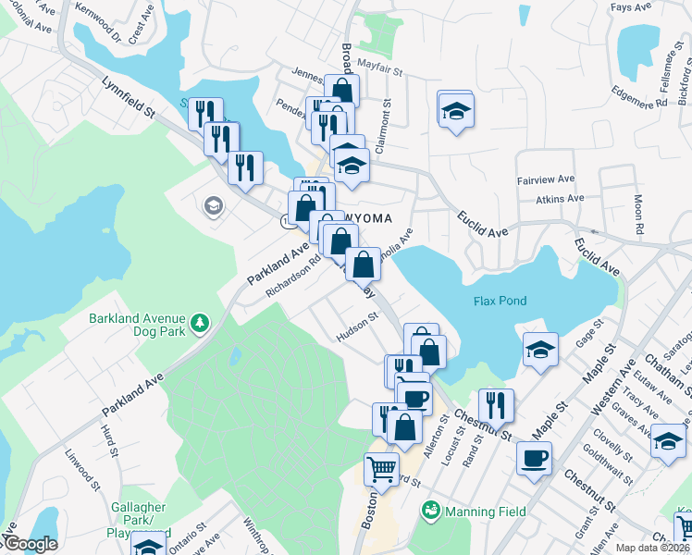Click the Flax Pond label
tap(500, 301)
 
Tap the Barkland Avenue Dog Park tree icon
tap(199, 323)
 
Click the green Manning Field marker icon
tap(430, 510)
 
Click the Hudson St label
tap(357, 328)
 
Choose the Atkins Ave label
tap(559, 198)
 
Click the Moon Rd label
tap(638, 214)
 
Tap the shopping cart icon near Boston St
tap(381, 470)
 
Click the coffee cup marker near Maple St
tap(534, 458)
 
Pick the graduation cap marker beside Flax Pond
tap(539, 349)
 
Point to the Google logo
tap(30, 544)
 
